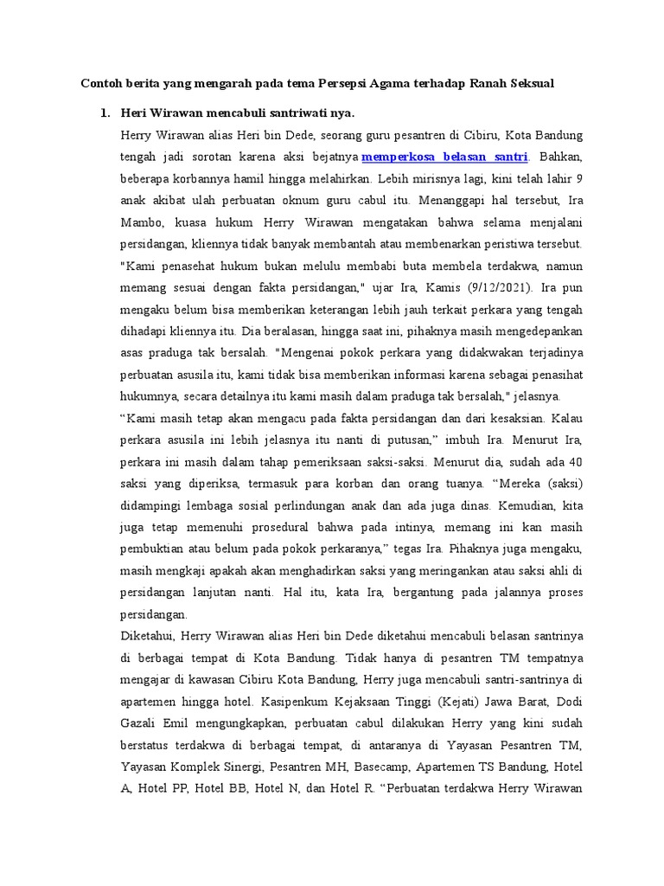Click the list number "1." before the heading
pyautogui.click(x=105, y=113)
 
